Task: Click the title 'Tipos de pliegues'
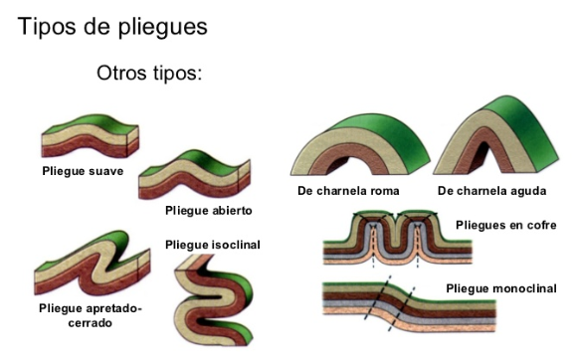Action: click(112, 27)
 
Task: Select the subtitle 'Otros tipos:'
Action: click(149, 75)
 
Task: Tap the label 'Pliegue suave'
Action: click(83, 171)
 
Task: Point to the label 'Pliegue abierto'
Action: click(209, 211)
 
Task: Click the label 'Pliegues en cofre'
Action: click(506, 226)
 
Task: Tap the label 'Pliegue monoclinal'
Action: click(501, 288)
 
